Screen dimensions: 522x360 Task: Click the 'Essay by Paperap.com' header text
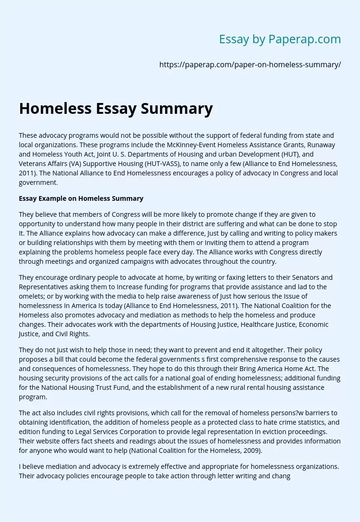pyautogui.click(x=280, y=40)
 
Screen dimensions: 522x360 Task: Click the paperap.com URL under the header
pyautogui.click(x=250, y=65)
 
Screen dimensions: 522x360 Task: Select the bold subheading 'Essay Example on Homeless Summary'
pyautogui.click(x=81, y=198)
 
